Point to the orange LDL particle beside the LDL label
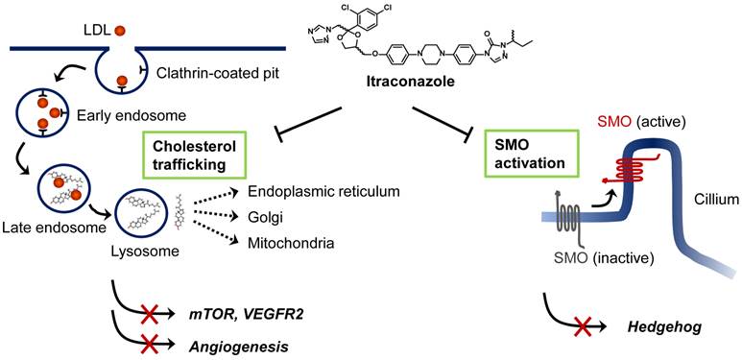[x=120, y=31]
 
